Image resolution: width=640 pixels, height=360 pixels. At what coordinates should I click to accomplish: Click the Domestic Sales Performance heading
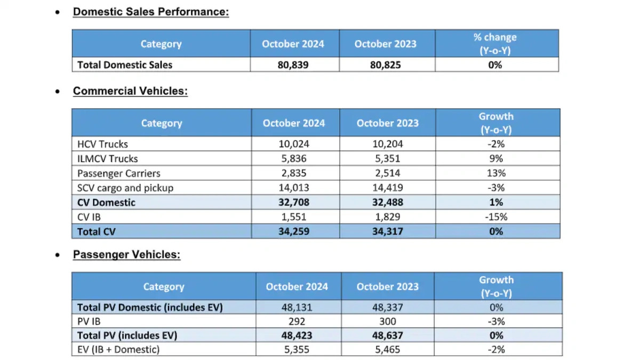coord(151,11)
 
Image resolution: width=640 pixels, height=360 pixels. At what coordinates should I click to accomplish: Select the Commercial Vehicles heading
coord(130,91)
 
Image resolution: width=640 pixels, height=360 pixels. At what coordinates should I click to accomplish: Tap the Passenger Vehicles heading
coord(127,254)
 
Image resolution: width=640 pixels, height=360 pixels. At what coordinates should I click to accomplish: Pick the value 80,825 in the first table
coord(385,65)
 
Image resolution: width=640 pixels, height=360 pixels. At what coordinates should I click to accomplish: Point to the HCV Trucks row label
coord(103,144)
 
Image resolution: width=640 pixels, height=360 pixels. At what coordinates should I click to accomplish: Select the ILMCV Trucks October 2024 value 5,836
coord(293,158)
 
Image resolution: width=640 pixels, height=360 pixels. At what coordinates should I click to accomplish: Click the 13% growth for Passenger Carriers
coord(495,173)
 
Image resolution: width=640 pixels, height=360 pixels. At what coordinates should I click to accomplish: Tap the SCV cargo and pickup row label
coord(125,188)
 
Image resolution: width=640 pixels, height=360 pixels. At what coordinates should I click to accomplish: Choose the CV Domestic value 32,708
coord(293,202)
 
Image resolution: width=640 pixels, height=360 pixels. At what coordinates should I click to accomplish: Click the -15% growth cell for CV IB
coord(495,217)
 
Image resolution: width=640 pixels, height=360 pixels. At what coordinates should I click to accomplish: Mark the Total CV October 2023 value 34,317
coord(387,231)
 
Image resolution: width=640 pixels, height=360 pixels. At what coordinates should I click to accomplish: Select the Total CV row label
coord(97,231)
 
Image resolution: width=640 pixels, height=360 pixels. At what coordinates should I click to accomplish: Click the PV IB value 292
coord(297,321)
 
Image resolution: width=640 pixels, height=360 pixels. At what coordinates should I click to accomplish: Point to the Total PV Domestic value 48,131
coord(297,307)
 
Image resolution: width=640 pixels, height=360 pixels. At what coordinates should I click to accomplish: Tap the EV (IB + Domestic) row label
coord(118,349)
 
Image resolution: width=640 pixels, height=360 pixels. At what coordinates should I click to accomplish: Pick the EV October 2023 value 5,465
coord(387,349)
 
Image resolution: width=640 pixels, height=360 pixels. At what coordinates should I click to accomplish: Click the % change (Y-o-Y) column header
coord(495,43)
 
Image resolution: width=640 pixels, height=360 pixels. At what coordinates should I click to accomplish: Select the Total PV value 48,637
coord(387,335)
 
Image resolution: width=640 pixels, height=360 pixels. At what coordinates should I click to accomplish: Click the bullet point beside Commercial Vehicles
coord(58,92)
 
